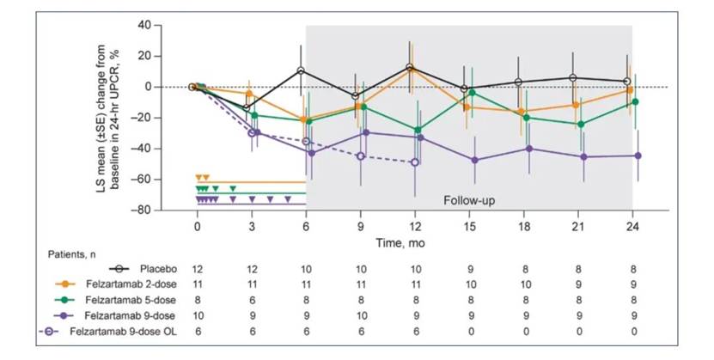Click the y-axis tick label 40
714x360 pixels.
(169, 25)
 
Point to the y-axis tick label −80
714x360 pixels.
(167, 211)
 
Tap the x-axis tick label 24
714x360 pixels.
(632, 225)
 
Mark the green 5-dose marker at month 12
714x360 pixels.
(415, 130)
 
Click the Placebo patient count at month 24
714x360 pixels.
(632, 270)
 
